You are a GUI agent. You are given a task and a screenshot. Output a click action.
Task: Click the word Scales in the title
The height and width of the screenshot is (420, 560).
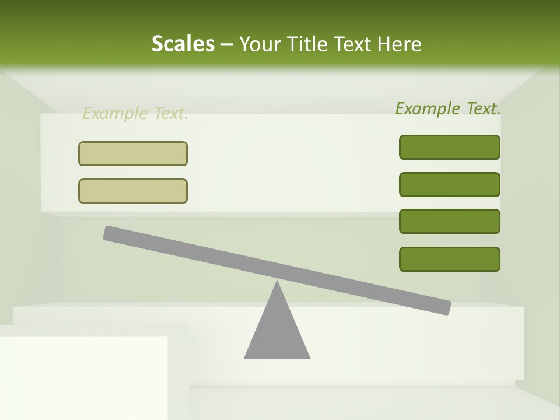[183, 44]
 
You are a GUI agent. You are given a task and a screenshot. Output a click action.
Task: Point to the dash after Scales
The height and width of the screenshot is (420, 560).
[227, 44]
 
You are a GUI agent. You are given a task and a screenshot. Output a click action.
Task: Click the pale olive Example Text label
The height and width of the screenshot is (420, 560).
[135, 114]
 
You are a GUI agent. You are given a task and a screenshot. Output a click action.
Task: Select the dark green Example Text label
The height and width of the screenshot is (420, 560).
[448, 108]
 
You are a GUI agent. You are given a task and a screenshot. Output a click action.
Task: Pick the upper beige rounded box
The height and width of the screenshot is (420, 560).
[133, 153]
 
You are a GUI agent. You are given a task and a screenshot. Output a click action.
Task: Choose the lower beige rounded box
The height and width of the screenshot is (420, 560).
[133, 191]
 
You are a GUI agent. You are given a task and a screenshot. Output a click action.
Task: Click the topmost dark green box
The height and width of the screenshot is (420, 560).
[450, 147]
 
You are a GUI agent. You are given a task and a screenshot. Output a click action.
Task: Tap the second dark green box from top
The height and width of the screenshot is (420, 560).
[450, 184]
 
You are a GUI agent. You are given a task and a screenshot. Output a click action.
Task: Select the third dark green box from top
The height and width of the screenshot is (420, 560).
[450, 222]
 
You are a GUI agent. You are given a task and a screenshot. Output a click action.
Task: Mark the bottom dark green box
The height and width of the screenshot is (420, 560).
[450, 259]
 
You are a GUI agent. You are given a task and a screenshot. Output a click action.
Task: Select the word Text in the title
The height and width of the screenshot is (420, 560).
[353, 44]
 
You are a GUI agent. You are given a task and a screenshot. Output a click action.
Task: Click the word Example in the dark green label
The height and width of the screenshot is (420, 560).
[427, 108]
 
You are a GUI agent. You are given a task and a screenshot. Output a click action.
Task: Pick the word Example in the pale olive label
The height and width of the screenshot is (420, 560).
[115, 114]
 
